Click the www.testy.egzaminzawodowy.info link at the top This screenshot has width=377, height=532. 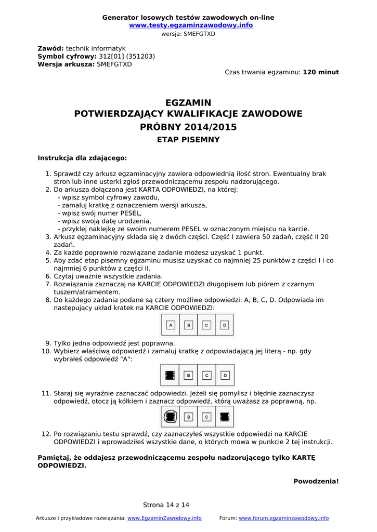191,25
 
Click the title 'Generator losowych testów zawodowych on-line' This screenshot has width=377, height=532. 188,18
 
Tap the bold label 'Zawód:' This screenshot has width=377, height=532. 50,48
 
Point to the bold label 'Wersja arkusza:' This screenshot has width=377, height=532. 66,64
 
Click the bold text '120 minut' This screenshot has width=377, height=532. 321,72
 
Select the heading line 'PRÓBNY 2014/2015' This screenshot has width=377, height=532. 188,127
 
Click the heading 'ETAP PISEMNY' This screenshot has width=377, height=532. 188,140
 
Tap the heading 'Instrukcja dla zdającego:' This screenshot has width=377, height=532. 82,158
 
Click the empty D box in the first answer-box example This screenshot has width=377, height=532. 224,325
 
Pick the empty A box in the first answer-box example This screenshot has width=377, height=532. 171,325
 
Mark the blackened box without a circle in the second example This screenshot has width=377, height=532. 170,375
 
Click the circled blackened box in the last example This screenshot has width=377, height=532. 170,416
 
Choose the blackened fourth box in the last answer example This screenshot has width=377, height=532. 225,416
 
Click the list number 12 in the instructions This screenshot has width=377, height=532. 45,434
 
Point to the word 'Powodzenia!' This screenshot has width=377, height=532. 316,482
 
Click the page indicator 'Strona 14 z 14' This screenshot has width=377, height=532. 166,505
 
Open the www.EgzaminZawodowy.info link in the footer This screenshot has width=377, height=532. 164,518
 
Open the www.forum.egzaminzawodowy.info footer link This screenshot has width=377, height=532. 283,518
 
